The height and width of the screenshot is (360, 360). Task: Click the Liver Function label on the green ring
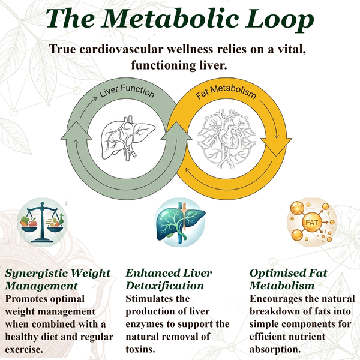(x=127, y=91)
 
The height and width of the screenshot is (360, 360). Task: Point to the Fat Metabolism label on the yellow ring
(x=226, y=91)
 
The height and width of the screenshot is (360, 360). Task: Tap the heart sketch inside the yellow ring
(x=226, y=139)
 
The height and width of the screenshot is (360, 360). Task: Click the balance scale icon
(x=42, y=222)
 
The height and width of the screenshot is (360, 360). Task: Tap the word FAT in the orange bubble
(x=312, y=223)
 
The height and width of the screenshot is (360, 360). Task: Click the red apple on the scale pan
(x=32, y=223)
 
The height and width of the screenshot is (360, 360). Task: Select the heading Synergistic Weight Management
(x=58, y=279)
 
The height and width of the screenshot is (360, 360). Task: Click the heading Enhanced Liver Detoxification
(x=169, y=279)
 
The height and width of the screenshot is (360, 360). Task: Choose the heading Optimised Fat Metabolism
(x=289, y=279)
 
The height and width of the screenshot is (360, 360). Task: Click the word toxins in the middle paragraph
(x=139, y=350)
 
